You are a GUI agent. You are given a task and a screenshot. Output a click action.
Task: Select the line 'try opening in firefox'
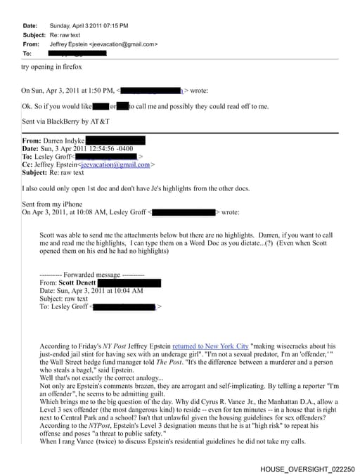point(51,67)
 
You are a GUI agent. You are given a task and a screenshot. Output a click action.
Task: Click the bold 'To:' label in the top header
point(28,53)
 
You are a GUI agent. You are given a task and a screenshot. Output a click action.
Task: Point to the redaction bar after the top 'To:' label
point(77,53)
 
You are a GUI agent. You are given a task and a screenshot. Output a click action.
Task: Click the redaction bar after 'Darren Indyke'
point(115,141)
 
